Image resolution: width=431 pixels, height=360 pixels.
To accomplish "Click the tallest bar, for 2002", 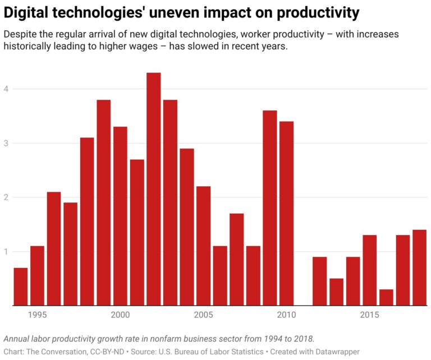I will click(153, 189).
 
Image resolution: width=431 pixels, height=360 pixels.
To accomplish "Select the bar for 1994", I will click(20, 287).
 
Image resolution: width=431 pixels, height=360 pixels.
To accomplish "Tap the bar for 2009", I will click(270, 208).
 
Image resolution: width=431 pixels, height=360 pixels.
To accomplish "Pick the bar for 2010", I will click(286, 214).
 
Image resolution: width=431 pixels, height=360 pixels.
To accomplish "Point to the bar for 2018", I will click(419, 267).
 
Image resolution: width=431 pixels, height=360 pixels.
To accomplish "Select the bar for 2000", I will click(120, 216).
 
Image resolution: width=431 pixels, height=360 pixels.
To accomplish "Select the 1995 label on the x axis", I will click(37, 316).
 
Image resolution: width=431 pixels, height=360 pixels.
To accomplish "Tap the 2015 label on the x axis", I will click(369, 316).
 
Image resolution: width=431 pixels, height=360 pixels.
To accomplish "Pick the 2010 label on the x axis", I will click(286, 316).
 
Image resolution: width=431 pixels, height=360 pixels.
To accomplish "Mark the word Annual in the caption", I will click(17, 339).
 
